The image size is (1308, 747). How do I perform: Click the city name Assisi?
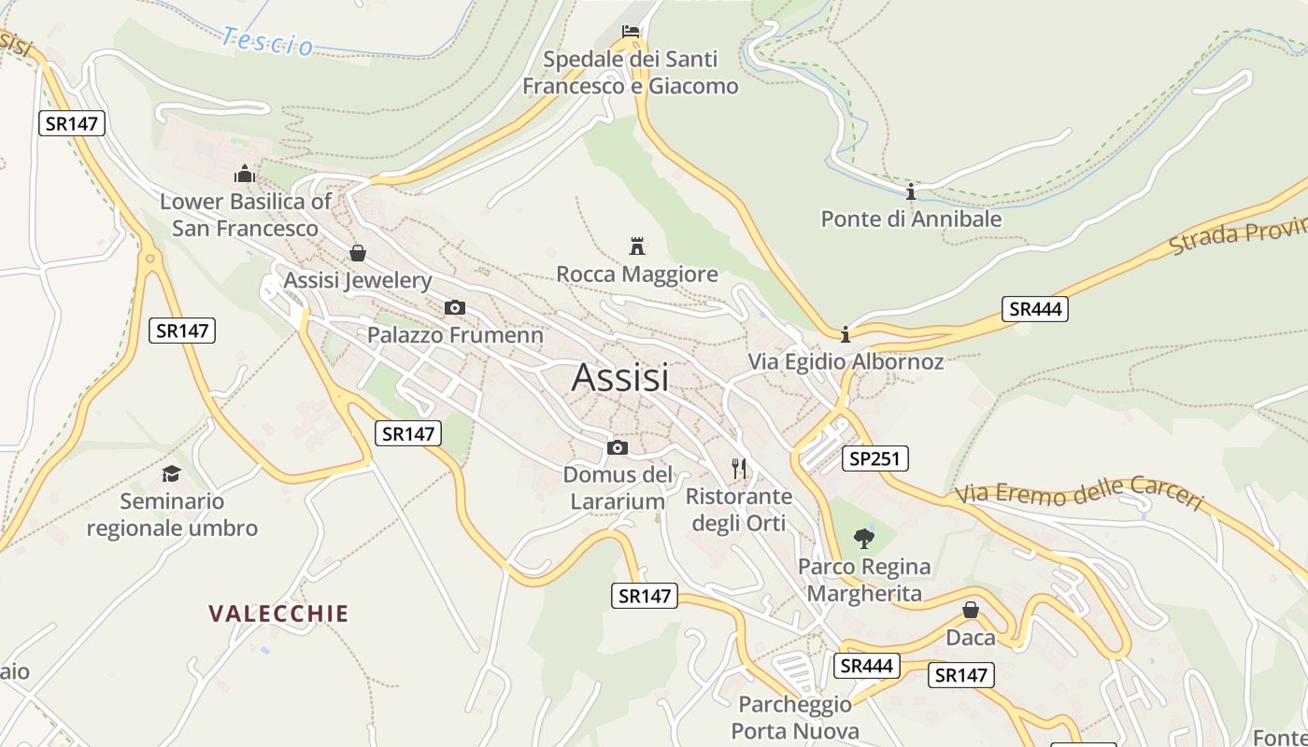(619, 377)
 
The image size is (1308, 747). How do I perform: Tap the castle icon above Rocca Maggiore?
(637, 247)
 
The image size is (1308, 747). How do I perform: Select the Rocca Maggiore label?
(637, 275)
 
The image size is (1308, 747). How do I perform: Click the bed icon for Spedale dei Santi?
(632, 33)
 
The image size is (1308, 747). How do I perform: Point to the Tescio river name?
(267, 41)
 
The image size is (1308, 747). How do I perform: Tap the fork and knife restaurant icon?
(739, 468)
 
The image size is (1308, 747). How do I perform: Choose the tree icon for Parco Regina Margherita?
(864, 538)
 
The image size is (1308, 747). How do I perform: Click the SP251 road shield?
(874, 458)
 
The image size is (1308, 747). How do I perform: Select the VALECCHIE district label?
(278, 613)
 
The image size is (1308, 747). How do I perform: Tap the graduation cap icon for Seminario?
(171, 473)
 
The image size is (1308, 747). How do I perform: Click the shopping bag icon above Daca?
(971, 611)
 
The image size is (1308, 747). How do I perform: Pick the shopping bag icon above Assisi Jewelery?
(357, 253)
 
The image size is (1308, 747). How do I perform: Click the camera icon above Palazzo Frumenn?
(455, 307)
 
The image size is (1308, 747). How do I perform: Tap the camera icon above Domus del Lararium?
(617, 447)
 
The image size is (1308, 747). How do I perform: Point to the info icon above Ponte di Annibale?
(911, 191)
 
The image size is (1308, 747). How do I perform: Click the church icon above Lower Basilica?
(245, 174)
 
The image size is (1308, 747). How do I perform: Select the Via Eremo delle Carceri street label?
(1079, 492)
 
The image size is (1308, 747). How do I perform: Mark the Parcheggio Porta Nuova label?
(795, 717)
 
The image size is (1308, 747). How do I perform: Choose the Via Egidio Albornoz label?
(846, 362)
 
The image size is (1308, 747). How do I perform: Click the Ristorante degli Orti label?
(739, 510)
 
